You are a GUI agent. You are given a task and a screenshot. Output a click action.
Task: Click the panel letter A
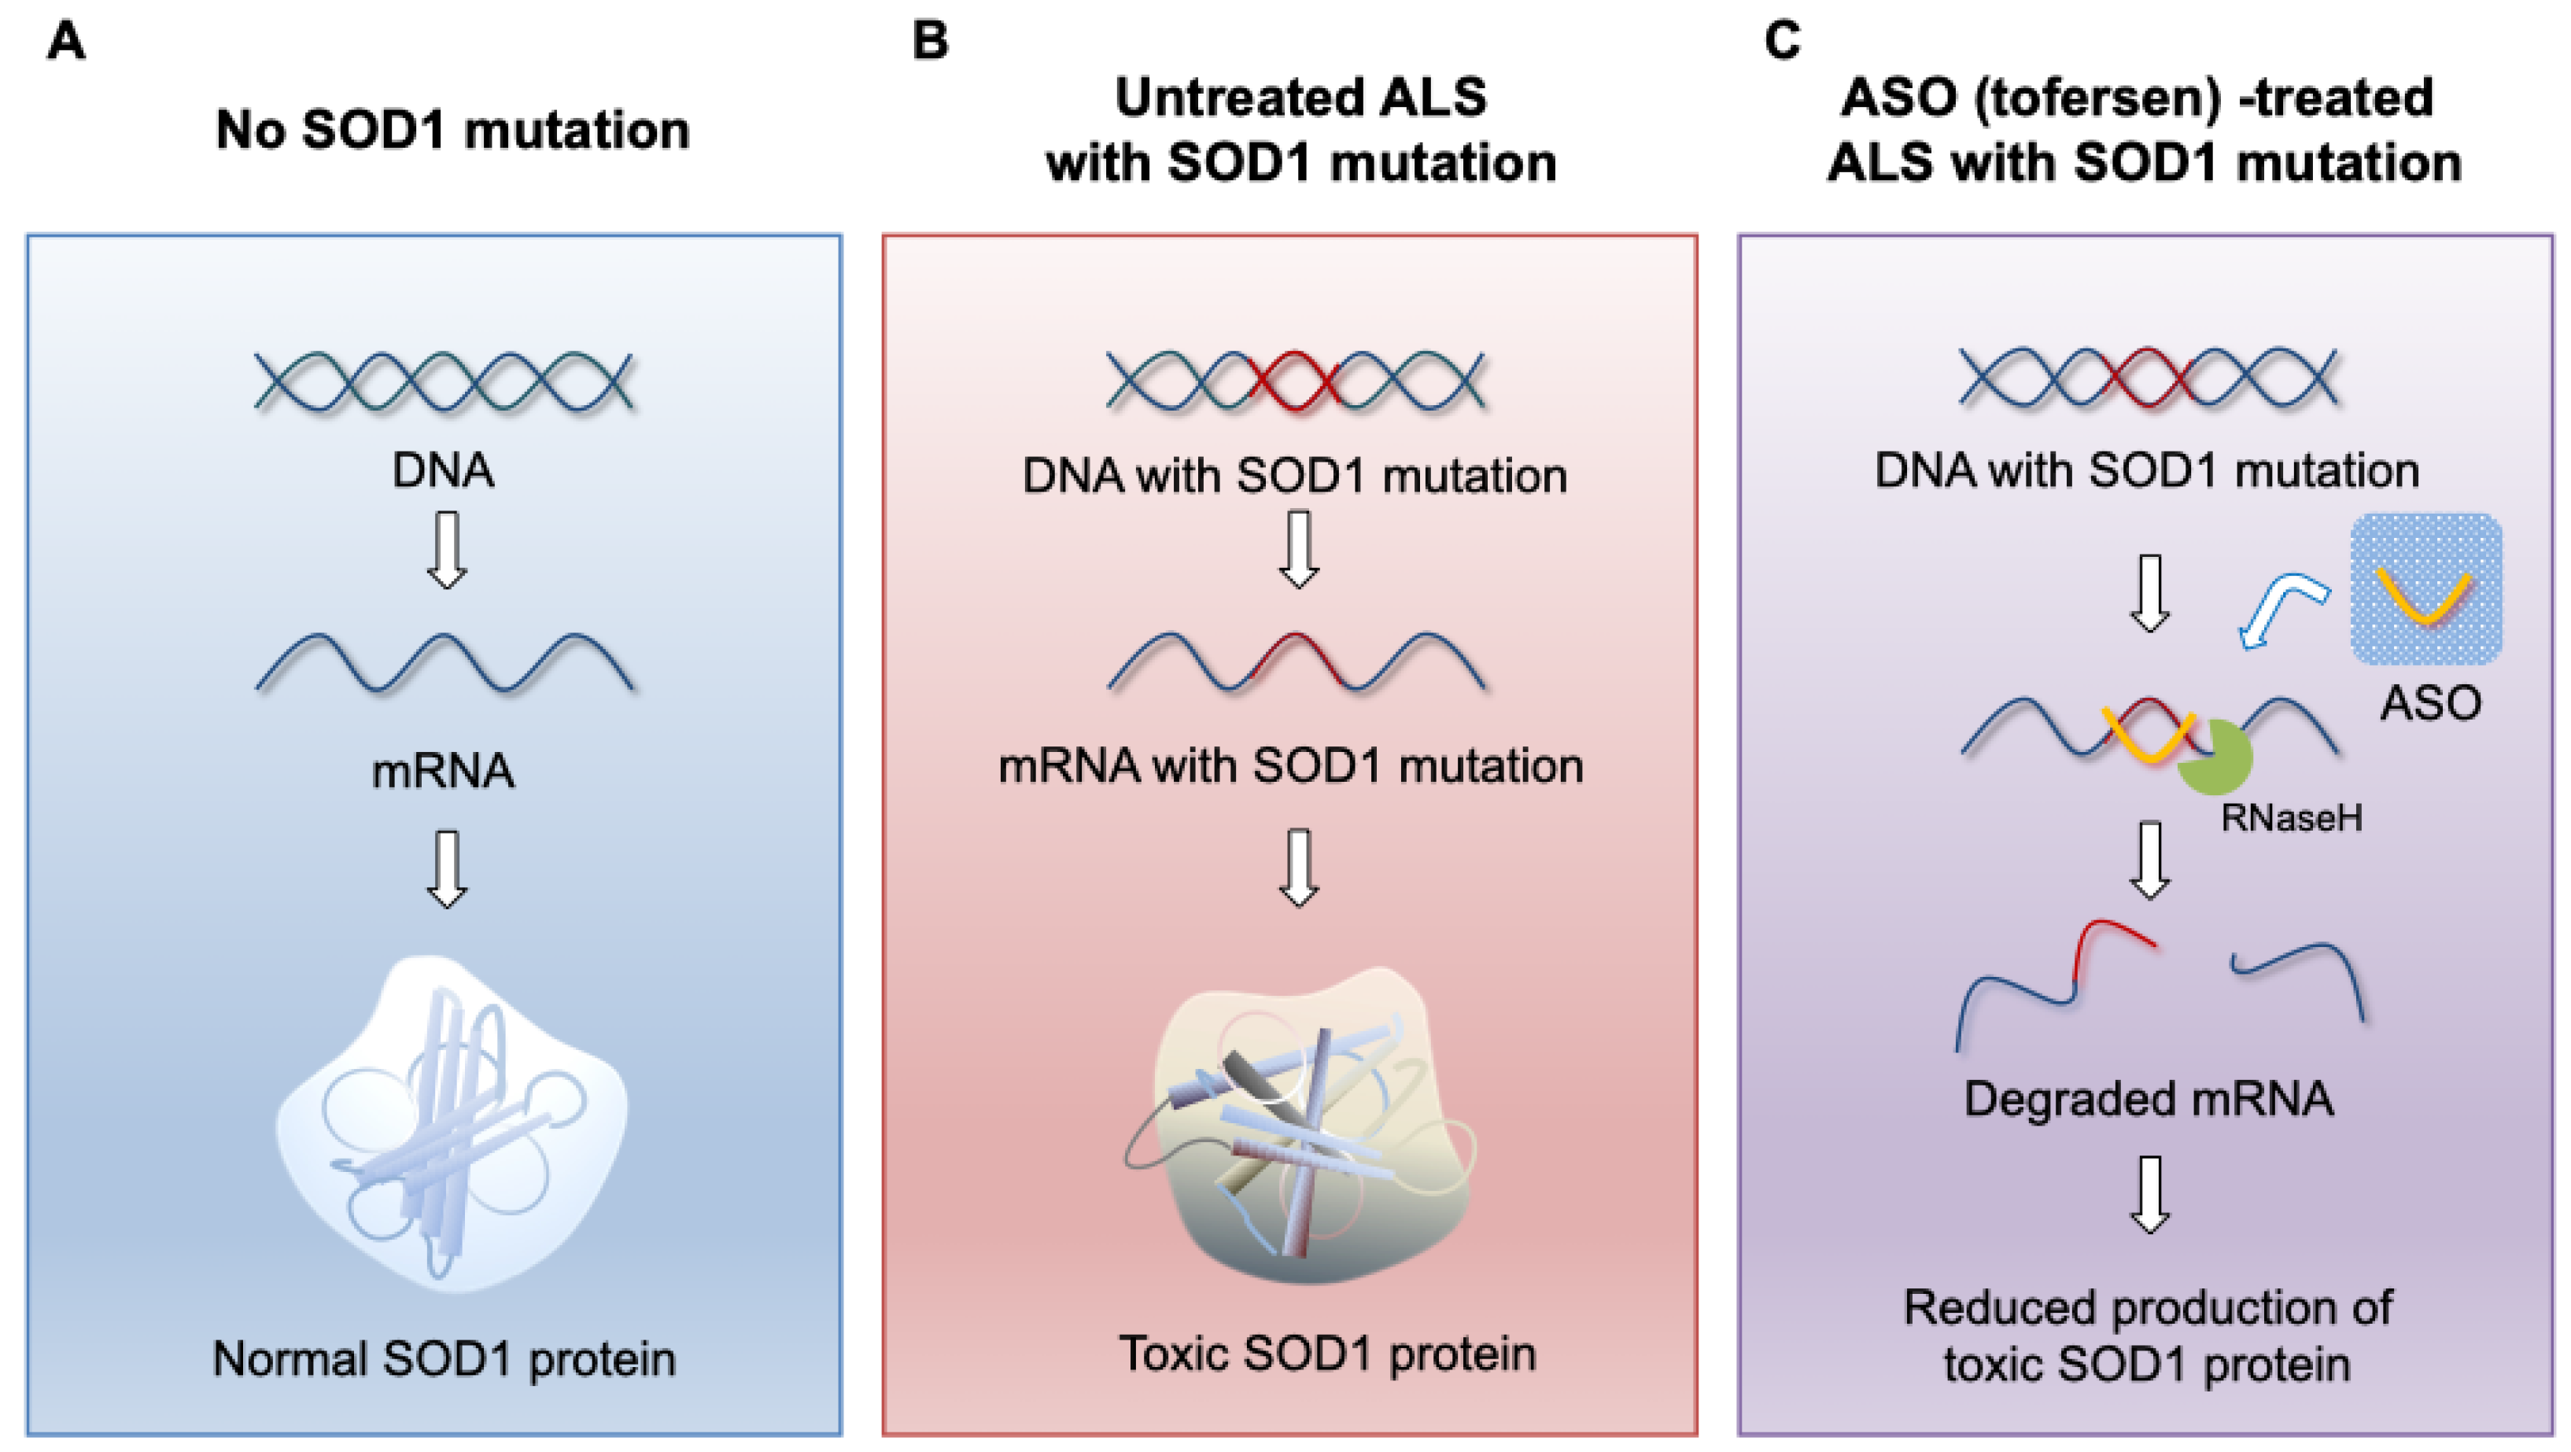(66, 42)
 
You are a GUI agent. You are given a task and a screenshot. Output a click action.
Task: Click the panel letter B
(929, 42)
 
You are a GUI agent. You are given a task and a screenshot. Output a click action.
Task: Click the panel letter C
(1783, 42)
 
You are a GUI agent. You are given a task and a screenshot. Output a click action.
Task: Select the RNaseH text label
(2292, 818)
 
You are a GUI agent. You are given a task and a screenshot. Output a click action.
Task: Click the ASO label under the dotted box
(2430, 702)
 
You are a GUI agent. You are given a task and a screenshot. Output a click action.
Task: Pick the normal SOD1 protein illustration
(451, 1122)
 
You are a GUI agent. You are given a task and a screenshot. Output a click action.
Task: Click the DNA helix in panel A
(444, 381)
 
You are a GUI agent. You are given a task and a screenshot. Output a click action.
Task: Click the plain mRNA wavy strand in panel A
(444, 662)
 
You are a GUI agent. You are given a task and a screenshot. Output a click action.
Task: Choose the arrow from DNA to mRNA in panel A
(446, 550)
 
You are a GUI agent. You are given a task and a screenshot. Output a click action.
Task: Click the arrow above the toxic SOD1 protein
(1298, 868)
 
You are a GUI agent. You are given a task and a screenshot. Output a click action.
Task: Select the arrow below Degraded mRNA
(2151, 1195)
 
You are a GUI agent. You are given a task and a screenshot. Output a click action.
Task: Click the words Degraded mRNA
(2148, 1099)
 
